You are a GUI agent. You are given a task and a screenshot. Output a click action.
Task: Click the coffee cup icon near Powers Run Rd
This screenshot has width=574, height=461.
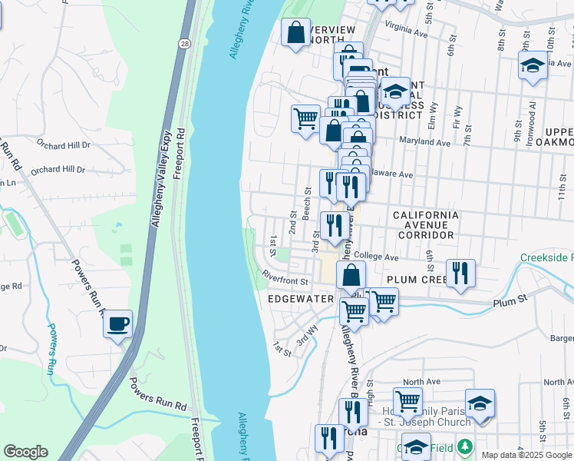[117, 324]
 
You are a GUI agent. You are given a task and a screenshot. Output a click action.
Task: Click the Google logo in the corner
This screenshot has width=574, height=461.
[25, 452]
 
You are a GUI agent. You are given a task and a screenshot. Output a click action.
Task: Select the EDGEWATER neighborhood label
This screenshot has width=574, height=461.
[301, 298]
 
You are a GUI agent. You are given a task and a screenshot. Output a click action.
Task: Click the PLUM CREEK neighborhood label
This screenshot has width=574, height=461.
[416, 280]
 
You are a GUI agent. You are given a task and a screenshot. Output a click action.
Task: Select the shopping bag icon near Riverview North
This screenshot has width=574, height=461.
[295, 33]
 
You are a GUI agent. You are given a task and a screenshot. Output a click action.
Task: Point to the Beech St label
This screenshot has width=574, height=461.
[307, 204]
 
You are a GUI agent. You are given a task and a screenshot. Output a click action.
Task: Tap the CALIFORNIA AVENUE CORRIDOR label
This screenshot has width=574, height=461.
[425, 225]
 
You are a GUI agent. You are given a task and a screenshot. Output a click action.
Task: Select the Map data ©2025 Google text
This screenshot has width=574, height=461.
[526, 454]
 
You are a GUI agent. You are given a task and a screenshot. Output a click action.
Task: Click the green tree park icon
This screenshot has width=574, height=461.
[463, 446]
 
